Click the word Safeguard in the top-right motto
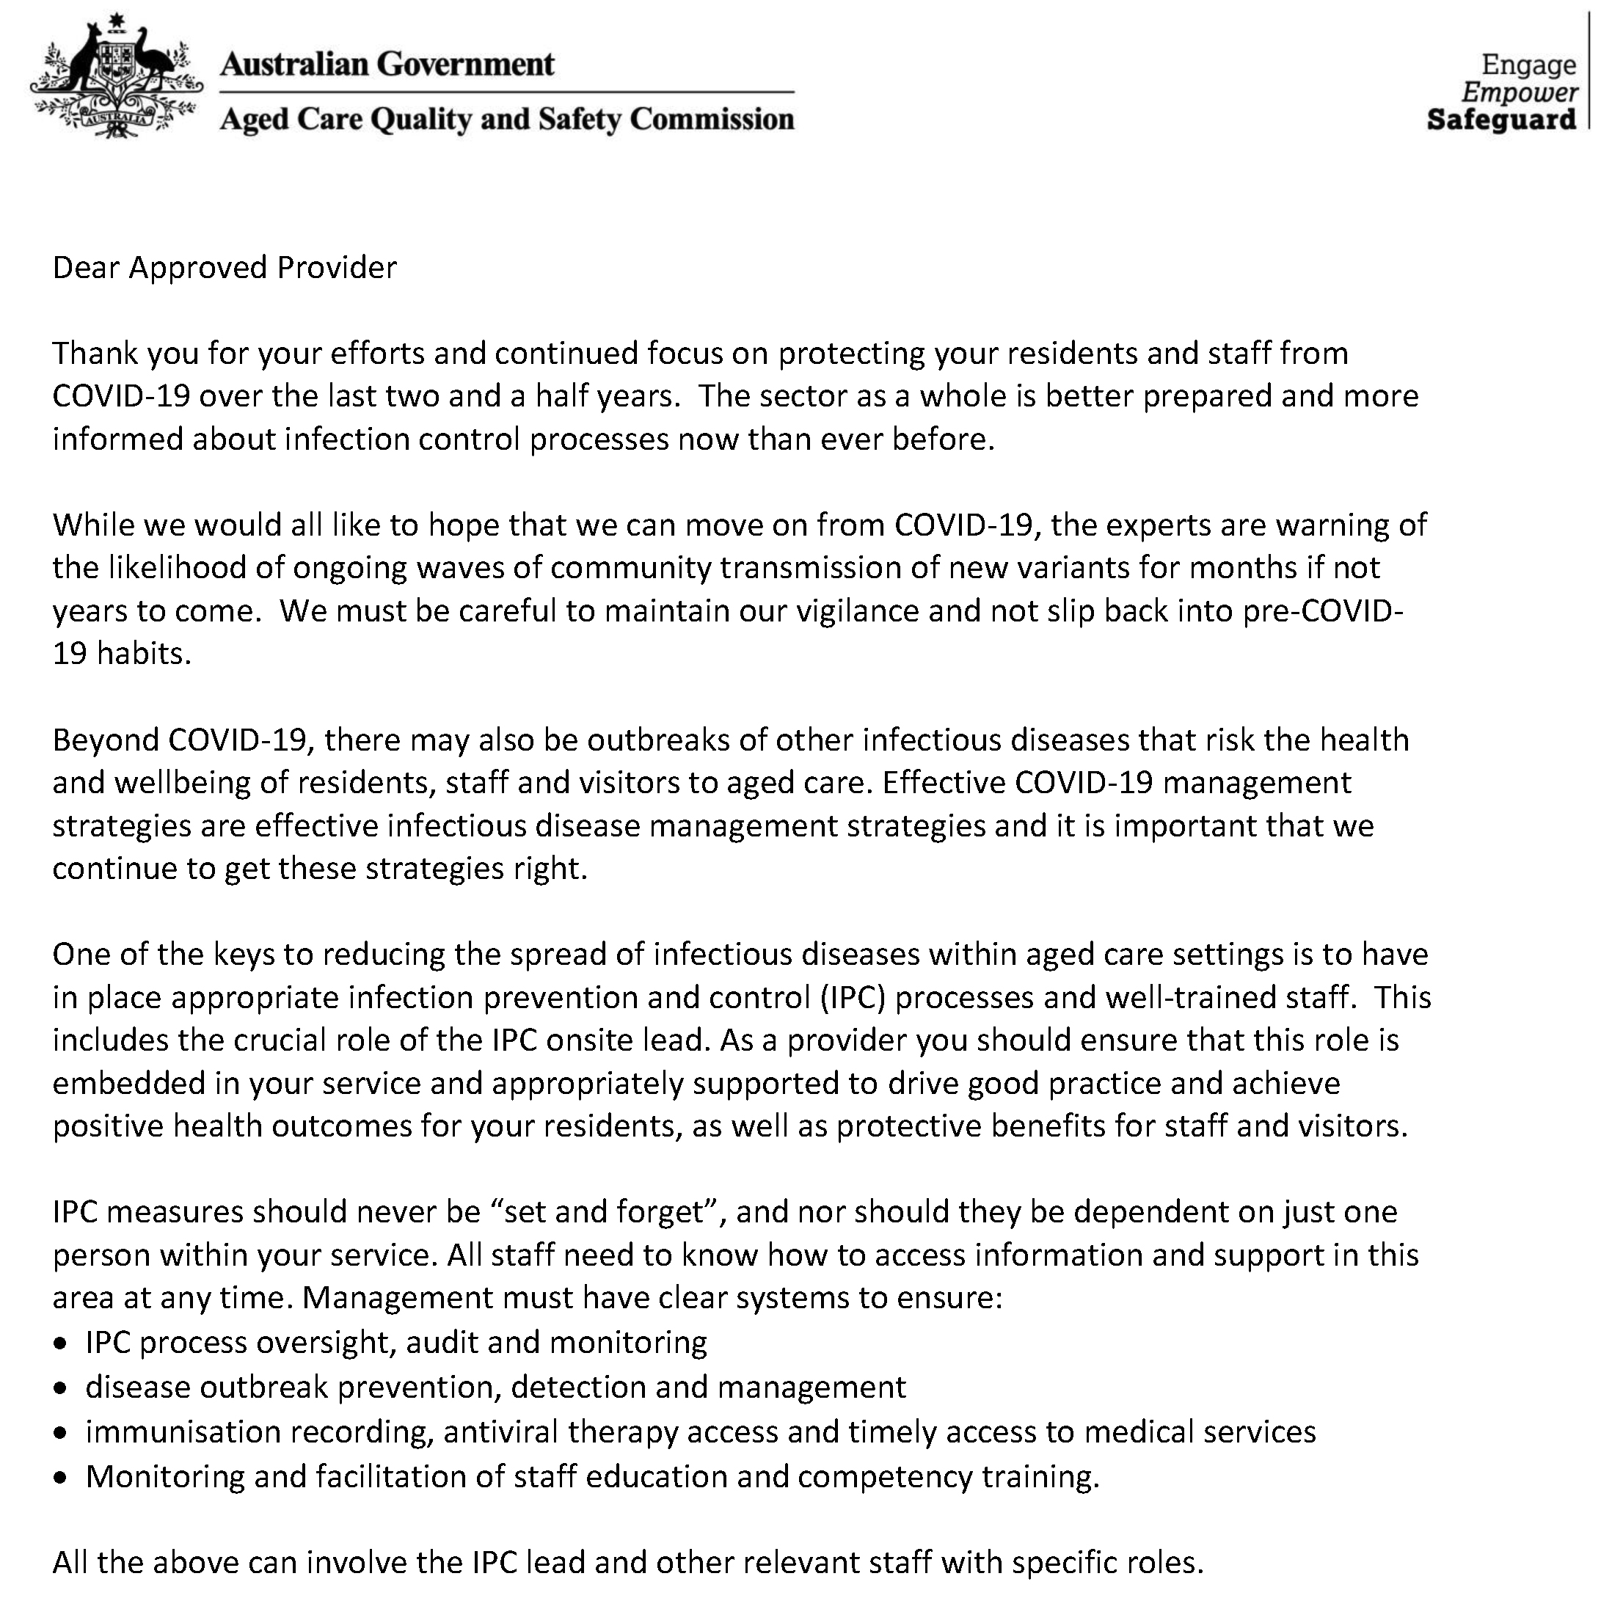(1501, 120)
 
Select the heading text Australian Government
(387, 64)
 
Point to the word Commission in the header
(712, 120)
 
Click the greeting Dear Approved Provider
(225, 268)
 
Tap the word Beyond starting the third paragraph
(106, 740)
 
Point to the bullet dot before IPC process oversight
(59, 1344)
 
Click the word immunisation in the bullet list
(182, 1431)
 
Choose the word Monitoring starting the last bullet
(164, 1476)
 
